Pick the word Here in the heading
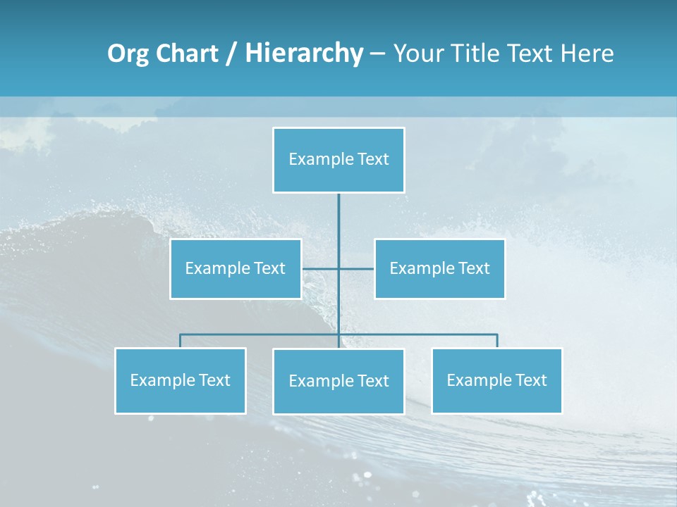click(587, 54)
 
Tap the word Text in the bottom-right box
click(531, 380)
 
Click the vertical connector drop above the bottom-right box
click(496, 341)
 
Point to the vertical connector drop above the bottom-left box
click(180, 341)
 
